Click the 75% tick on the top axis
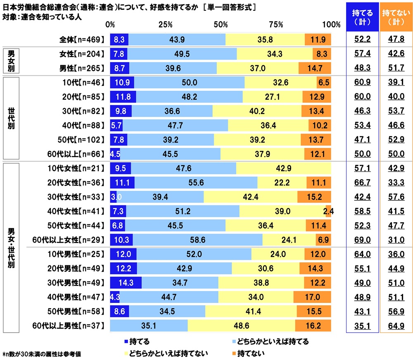276,25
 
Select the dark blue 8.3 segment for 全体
119,40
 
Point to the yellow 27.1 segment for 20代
273,97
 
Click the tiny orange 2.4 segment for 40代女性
328,211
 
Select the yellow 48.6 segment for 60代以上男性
241,326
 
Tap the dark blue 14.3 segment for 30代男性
126,283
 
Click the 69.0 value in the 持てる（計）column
362,240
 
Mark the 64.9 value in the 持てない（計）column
396,326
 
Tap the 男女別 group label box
12,60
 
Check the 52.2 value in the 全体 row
362,40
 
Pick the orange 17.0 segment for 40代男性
312,297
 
